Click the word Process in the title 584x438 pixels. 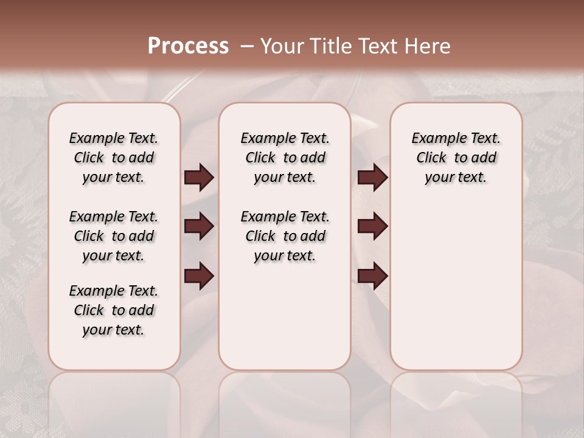(x=188, y=46)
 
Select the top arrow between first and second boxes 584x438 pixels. (x=199, y=177)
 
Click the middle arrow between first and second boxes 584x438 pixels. (x=199, y=226)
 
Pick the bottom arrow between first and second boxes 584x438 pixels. (x=199, y=276)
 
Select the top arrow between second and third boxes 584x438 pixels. (x=373, y=177)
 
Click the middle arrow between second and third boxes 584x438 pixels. (x=373, y=226)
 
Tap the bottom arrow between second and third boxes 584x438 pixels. (x=373, y=276)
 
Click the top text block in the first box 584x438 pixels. (x=114, y=158)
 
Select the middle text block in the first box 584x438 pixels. (x=114, y=236)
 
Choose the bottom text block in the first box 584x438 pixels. (x=114, y=310)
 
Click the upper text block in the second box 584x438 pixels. (x=285, y=158)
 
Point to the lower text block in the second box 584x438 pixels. (x=285, y=236)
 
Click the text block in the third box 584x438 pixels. (x=456, y=158)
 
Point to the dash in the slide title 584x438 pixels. (x=248, y=46)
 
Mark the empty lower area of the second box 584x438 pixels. (x=285, y=316)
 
